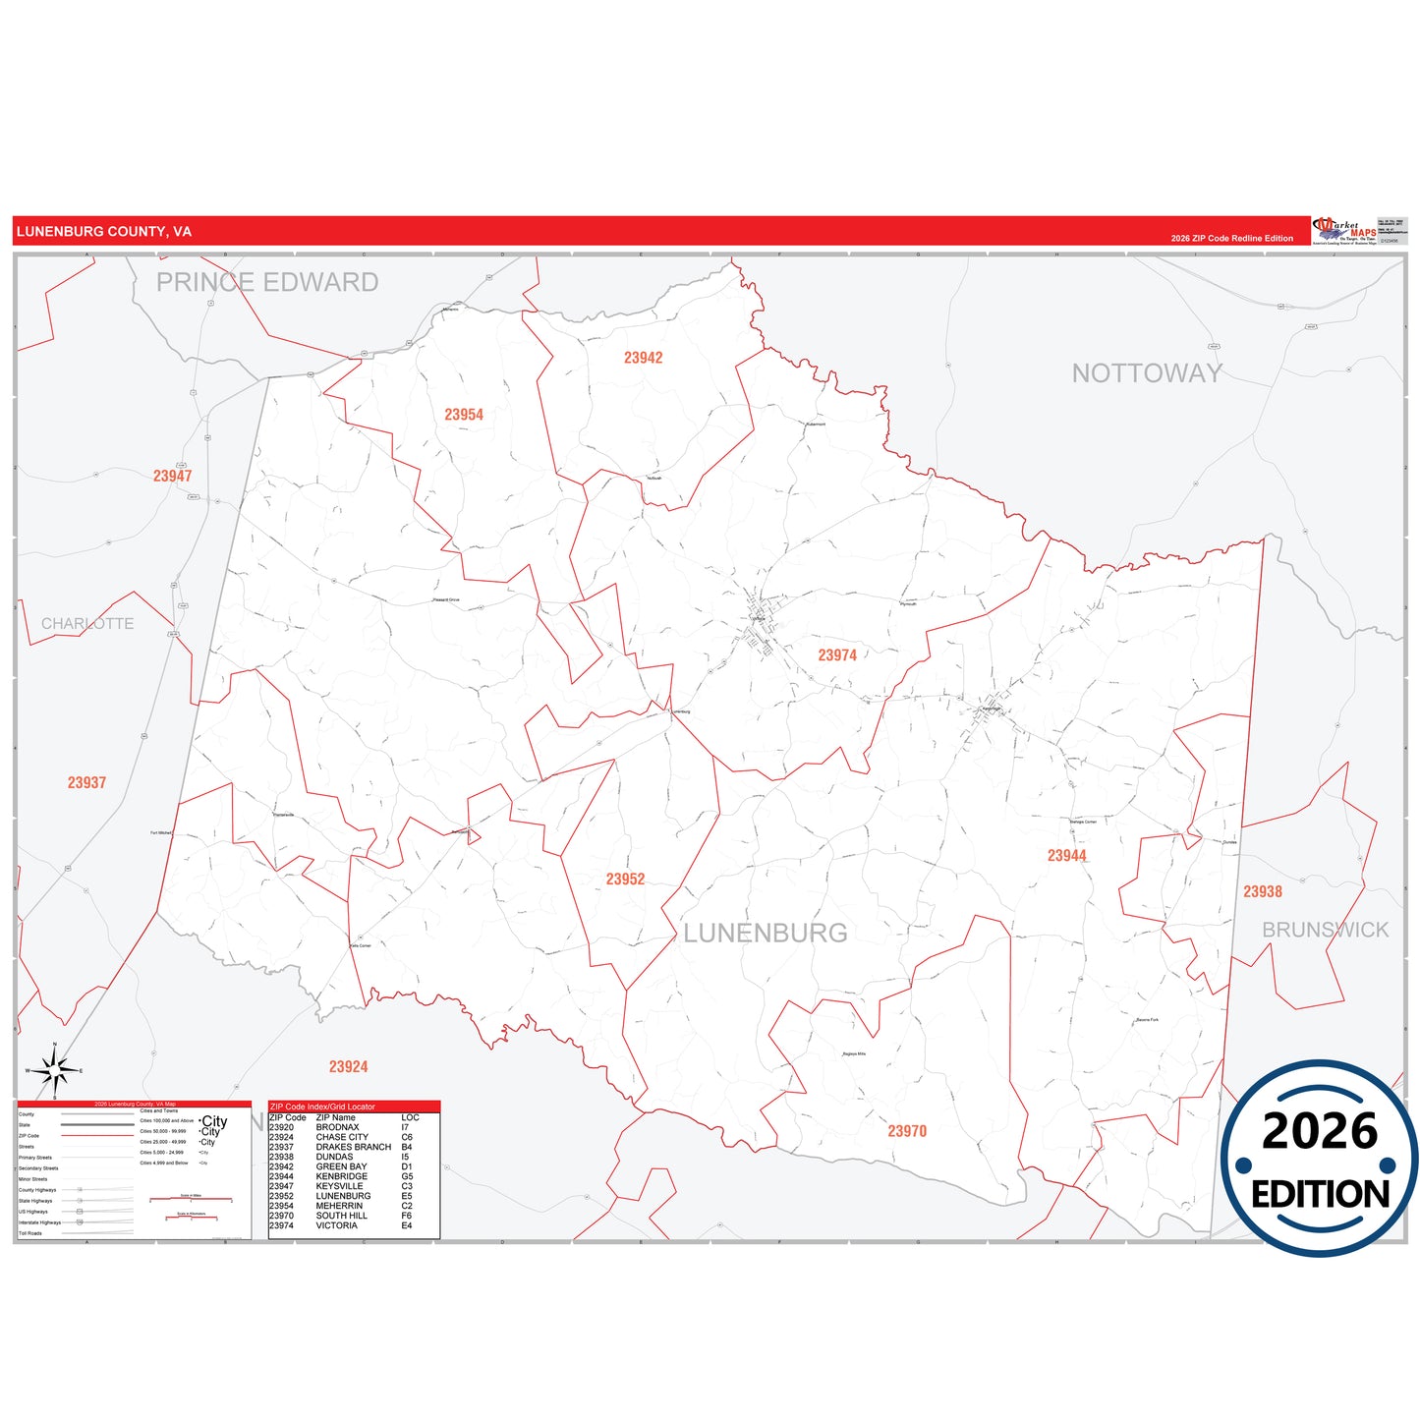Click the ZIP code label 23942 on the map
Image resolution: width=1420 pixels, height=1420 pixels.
click(643, 358)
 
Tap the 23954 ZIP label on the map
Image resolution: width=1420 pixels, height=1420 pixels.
click(464, 415)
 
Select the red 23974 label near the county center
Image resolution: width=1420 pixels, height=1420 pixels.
click(837, 655)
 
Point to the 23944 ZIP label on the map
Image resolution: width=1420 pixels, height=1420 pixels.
click(1066, 856)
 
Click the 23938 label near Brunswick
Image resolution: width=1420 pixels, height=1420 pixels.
click(1262, 892)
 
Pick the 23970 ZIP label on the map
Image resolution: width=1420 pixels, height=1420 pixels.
click(907, 1131)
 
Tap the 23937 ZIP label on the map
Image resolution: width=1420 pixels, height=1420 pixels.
click(86, 783)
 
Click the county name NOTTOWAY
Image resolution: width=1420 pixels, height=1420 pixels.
click(1147, 373)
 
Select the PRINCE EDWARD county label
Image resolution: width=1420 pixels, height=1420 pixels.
click(267, 283)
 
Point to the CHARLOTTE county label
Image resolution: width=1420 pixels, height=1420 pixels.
click(87, 624)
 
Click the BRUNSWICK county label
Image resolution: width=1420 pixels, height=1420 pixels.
click(1325, 930)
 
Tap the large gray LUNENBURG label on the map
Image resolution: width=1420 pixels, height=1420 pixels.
click(766, 934)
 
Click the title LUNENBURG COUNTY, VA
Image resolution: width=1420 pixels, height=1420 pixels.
click(104, 232)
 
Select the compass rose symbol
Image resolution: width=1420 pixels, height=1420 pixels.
click(55, 1070)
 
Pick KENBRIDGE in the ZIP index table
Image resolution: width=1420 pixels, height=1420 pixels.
click(341, 1176)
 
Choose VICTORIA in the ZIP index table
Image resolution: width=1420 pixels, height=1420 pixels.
click(336, 1225)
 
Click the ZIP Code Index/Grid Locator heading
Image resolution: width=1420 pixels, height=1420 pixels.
click(322, 1107)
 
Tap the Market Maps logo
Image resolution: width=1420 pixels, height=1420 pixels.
click(1344, 231)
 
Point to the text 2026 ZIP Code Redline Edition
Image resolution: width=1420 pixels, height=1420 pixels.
click(1231, 239)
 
